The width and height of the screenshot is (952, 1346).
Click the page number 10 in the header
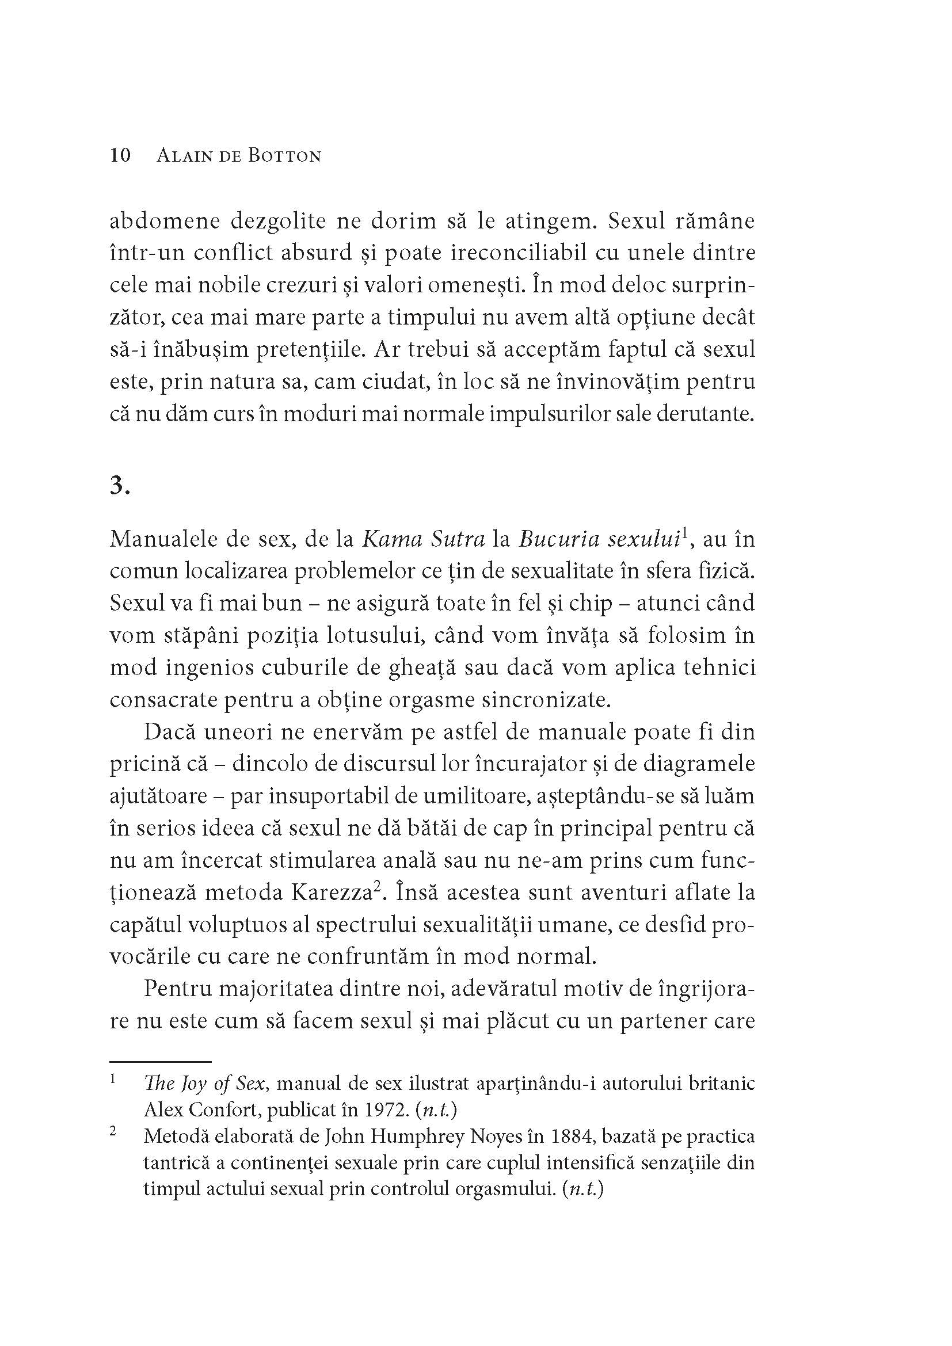[120, 156]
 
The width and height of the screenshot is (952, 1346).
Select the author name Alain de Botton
[239, 157]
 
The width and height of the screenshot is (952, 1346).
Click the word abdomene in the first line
[165, 221]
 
